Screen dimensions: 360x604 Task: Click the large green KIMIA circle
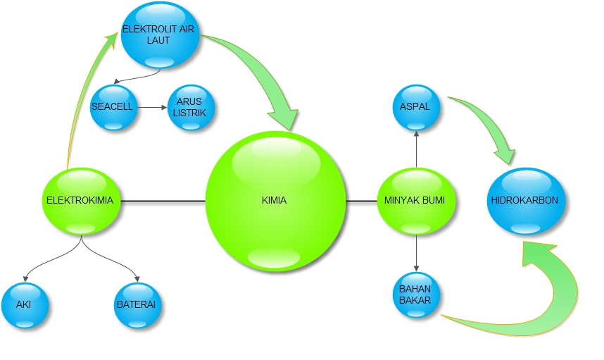pos(276,200)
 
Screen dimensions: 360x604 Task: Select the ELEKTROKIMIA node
pos(80,200)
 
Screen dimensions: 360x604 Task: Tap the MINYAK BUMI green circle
pos(416,200)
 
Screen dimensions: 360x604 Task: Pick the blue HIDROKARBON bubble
pos(524,200)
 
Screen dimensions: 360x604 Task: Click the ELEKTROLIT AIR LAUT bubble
pos(161,35)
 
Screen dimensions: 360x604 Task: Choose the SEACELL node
pos(113,108)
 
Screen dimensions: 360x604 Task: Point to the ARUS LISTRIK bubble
pos(190,108)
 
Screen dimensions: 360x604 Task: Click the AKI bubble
pos(25,306)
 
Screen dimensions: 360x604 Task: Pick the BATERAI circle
pos(136,306)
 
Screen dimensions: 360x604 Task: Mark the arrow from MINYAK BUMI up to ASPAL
pos(416,149)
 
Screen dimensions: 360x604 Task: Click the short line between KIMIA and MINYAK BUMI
pos(362,201)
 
